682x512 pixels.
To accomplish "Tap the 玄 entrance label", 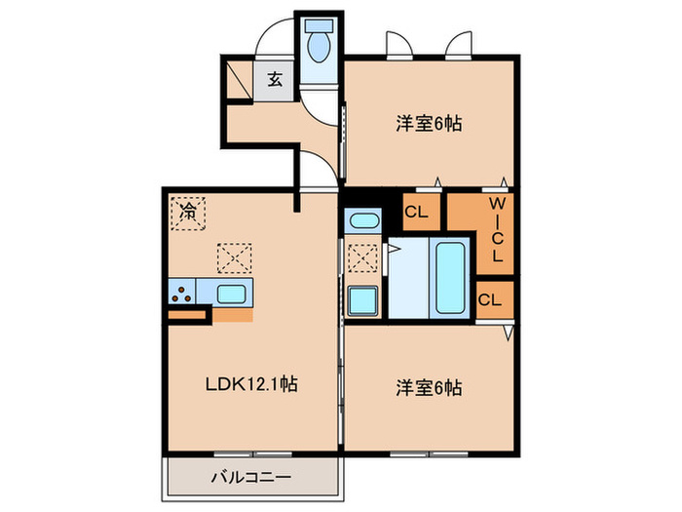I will tap(275, 80).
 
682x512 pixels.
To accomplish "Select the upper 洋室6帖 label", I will tap(428, 124).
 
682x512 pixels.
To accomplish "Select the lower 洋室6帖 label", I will tap(428, 387).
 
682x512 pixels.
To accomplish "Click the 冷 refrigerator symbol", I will tap(187, 211).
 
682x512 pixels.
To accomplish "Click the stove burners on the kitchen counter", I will tap(181, 291).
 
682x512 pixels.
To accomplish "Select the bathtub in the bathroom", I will tap(450, 277).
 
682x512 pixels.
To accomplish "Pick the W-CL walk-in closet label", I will tap(495, 229).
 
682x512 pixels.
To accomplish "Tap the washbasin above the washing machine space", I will tap(360, 220).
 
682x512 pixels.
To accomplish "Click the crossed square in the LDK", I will tap(234, 258).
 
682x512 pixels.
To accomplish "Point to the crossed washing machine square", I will tap(363, 259).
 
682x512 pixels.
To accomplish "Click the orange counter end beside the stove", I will tap(187, 314).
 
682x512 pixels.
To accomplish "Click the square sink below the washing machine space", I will tap(362, 300).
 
